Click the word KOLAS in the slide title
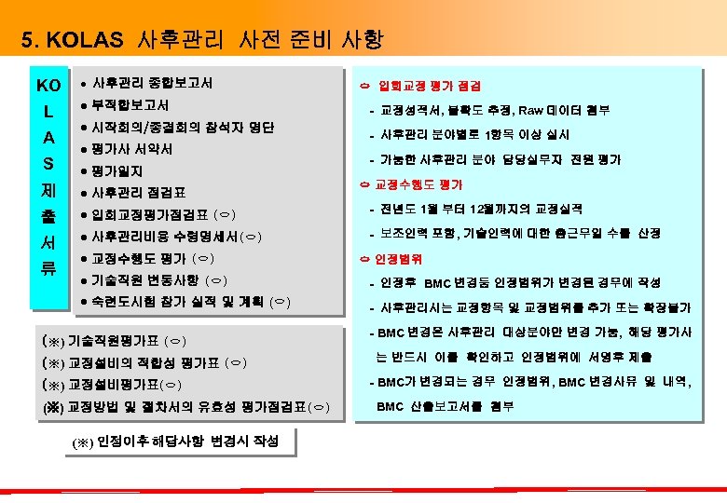[x=88, y=41]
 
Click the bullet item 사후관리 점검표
[x=139, y=193]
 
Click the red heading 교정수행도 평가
[x=418, y=184]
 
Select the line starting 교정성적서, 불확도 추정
[x=495, y=111]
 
